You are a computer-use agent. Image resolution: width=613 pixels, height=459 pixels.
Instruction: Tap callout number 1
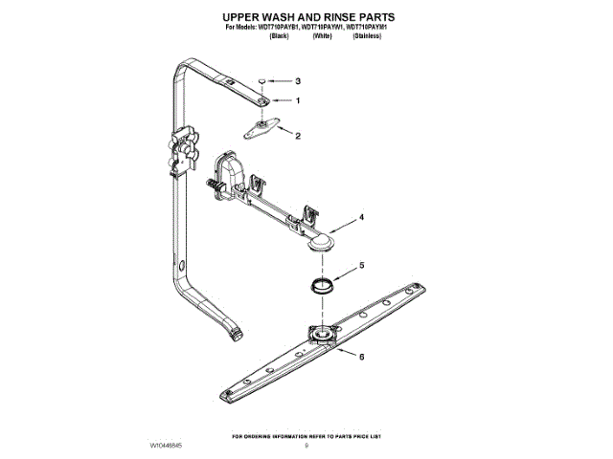pyautogui.click(x=298, y=101)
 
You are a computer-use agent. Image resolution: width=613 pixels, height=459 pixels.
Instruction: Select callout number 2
pyautogui.click(x=298, y=136)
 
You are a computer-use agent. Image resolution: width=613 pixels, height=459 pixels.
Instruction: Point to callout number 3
pyautogui.click(x=298, y=81)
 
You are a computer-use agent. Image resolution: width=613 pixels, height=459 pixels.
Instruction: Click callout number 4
pyautogui.click(x=361, y=218)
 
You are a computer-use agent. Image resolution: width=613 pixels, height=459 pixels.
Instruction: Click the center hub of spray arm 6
pyautogui.click(x=323, y=335)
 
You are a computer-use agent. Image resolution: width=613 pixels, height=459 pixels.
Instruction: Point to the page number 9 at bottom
pyautogui.click(x=306, y=446)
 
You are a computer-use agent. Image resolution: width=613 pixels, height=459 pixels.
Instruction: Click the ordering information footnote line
pyautogui.click(x=306, y=436)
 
